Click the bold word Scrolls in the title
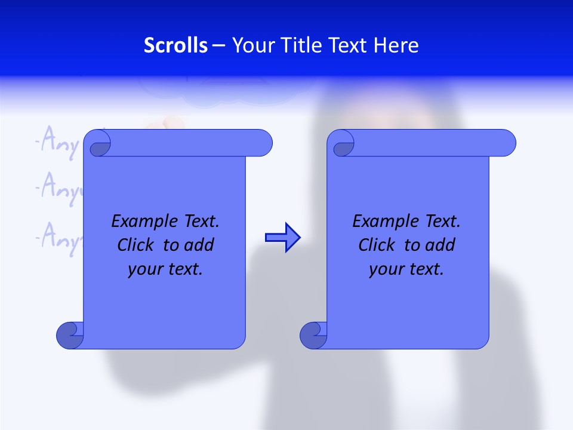[176, 45]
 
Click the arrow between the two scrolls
[282, 238]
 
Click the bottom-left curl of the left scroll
[69, 335]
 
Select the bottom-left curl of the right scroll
[313, 335]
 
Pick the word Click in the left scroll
[137, 245]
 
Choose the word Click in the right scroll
[378, 245]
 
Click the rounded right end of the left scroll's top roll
[263, 143]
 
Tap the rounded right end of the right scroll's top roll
[507, 143]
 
